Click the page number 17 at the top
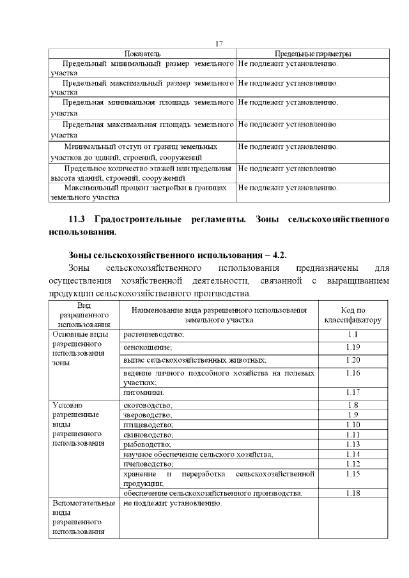click(x=219, y=43)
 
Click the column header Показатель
click(x=143, y=54)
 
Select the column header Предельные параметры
click(x=313, y=54)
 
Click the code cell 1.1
click(x=353, y=335)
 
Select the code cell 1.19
click(x=353, y=347)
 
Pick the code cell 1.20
click(x=353, y=360)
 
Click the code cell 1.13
click(x=353, y=444)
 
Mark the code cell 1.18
click(x=353, y=493)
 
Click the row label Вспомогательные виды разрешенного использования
click(x=79, y=517)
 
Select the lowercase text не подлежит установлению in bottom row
click(x=173, y=504)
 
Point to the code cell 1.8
click(x=353, y=406)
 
